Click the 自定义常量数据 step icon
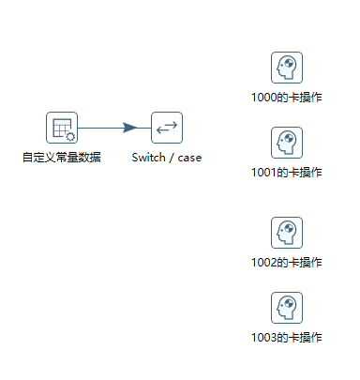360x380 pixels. click(x=62, y=128)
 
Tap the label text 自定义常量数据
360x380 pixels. click(x=62, y=157)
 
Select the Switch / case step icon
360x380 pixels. click(x=167, y=128)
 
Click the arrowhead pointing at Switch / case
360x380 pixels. click(x=132, y=128)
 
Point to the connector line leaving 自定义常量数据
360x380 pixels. click(x=98, y=128)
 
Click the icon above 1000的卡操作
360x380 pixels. click(x=286, y=68)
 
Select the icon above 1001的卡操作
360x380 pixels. click(x=286, y=144)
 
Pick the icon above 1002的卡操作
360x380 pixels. click(x=286, y=233)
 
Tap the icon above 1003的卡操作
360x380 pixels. click(x=286, y=308)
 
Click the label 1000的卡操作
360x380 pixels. click(x=287, y=97)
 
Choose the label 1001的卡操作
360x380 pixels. click(x=287, y=173)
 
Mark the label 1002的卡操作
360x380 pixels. click(x=287, y=262)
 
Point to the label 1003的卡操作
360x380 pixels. click(x=287, y=337)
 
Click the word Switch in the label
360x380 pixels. click(x=148, y=157)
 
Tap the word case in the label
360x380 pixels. click(x=189, y=157)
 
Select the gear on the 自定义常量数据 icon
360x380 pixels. click(x=68, y=135)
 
